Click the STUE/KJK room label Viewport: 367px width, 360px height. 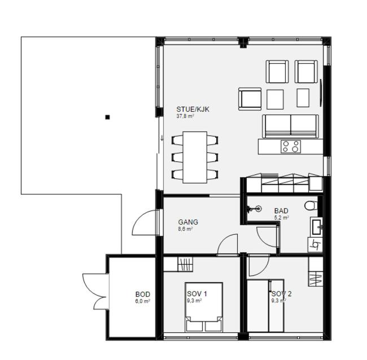coord(193,109)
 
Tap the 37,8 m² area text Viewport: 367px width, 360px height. coord(185,116)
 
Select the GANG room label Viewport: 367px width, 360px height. coord(188,222)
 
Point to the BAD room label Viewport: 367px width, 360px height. coord(281,211)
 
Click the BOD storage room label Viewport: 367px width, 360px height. coord(143,295)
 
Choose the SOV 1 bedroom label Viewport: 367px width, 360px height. coord(197,293)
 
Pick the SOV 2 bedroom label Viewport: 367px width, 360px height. coord(282,293)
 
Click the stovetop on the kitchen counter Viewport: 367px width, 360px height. coord(291,147)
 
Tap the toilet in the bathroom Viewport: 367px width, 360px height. coord(311,205)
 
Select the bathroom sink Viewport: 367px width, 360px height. coord(316,226)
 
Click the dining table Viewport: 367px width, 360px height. coord(195,157)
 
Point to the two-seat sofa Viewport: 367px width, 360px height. coord(290,126)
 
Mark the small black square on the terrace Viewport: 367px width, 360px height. coord(107,117)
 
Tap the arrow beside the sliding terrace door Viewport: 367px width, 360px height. coord(161,138)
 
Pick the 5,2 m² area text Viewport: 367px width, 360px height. coord(281,217)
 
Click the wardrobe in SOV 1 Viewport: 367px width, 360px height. coord(178,264)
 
